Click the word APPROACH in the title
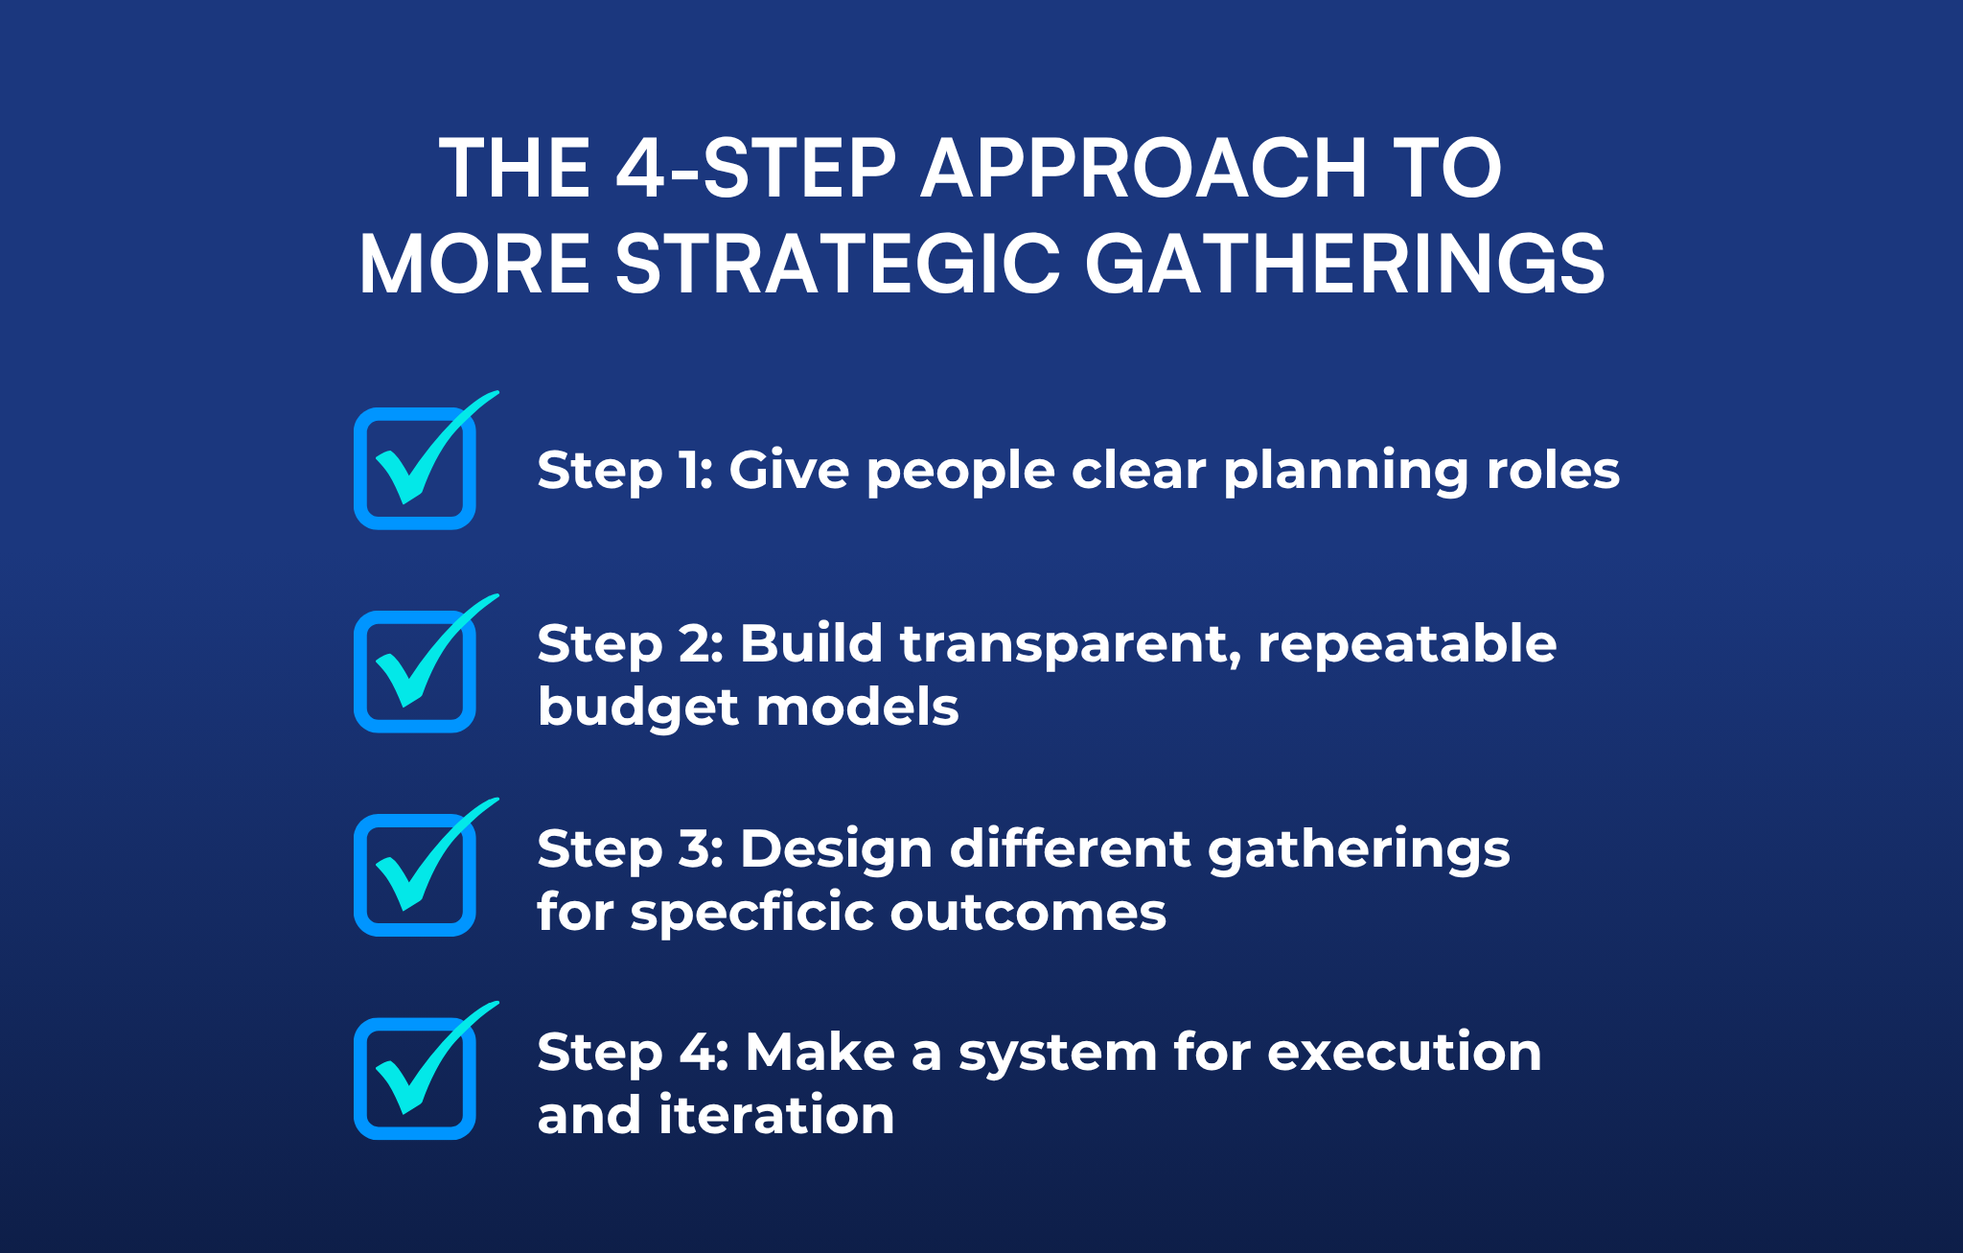tap(1143, 169)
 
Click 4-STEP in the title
tap(756, 169)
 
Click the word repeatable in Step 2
tap(1407, 644)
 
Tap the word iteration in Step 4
tap(776, 1116)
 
